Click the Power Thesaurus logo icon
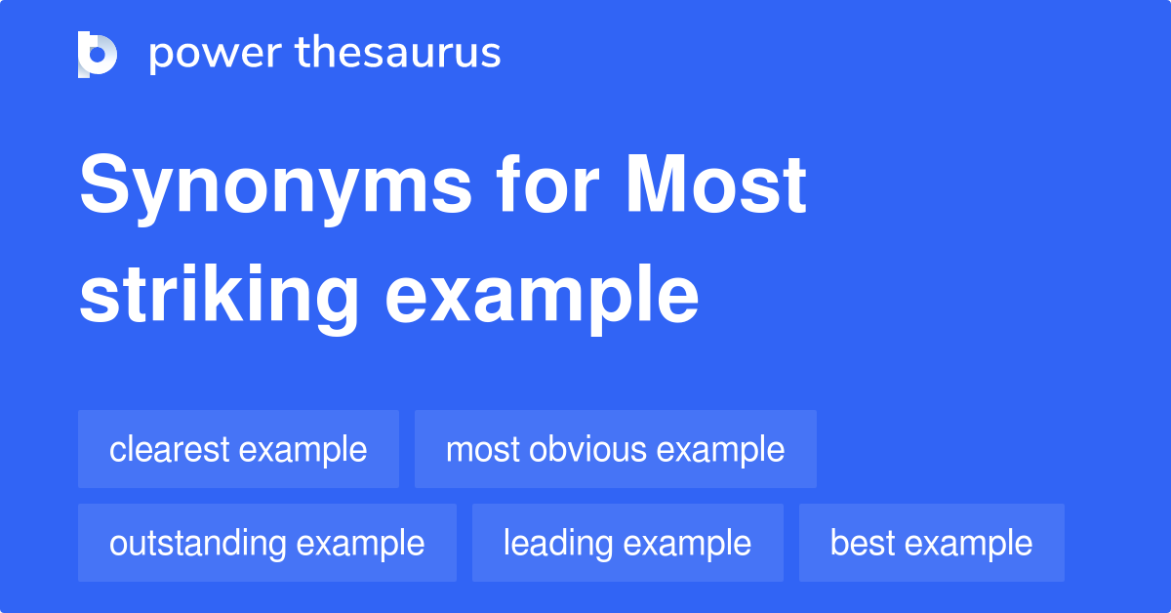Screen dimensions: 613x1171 tap(98, 54)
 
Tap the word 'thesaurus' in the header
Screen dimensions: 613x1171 tap(398, 54)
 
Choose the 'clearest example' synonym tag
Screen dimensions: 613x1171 tap(238, 449)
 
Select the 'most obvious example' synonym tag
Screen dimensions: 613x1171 tap(615, 449)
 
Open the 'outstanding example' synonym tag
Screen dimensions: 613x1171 tap(266, 543)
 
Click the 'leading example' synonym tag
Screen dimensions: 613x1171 tap(626, 543)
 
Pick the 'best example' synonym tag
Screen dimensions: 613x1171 tap(931, 543)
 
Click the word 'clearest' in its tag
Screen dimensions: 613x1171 tap(170, 449)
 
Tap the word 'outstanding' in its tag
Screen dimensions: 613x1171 tap(200, 543)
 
